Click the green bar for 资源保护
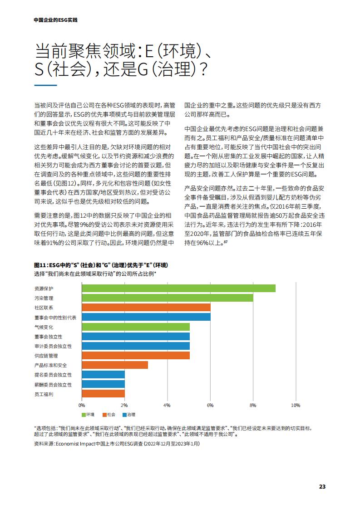179,288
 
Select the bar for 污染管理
168,298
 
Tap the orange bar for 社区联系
146,308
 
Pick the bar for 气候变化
136,327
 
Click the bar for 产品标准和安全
115,365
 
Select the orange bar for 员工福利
104,394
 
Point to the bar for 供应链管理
136,356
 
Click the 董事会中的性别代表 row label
55,318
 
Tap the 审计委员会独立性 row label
53,347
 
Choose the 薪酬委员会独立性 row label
53,385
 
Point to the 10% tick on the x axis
296,406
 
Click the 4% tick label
167,406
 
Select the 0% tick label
82,406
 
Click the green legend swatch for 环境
84,415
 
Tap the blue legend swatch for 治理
124,415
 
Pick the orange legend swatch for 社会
104,415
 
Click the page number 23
322,487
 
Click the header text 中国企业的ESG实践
55,20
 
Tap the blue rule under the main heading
45,85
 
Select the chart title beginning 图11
101,265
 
